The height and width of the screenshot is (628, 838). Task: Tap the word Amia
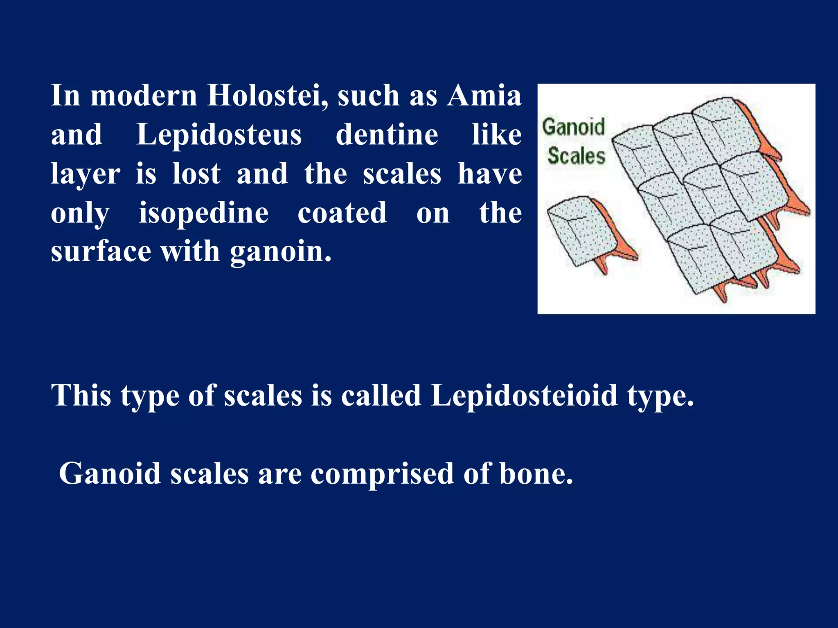click(484, 96)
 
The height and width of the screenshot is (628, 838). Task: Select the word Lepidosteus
click(219, 135)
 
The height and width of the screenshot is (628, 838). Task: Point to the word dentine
click(387, 135)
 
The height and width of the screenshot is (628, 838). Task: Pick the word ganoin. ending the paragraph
click(281, 251)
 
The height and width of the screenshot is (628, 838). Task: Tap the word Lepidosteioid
click(524, 395)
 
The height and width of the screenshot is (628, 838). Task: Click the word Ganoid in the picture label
click(573, 127)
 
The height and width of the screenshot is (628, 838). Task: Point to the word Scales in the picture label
click(576, 156)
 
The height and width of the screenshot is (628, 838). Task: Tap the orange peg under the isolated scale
click(601, 265)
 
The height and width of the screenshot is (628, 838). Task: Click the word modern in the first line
click(144, 96)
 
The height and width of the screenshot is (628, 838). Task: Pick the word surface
click(101, 251)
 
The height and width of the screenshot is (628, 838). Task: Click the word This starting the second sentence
click(81, 395)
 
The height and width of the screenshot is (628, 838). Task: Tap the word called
click(381, 395)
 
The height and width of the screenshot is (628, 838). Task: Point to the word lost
click(196, 174)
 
